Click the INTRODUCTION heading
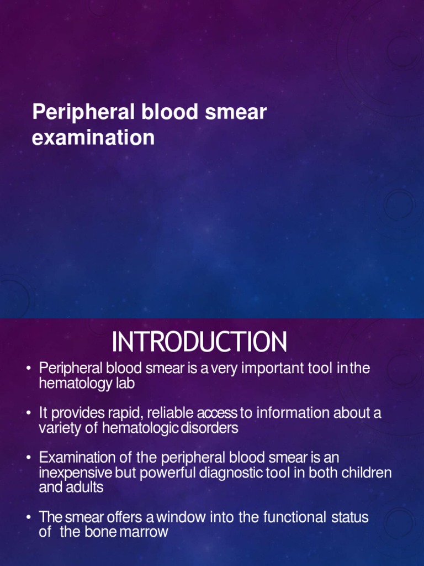click(x=199, y=342)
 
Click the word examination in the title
click(x=93, y=138)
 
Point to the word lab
click(x=125, y=383)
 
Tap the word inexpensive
click(x=76, y=473)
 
